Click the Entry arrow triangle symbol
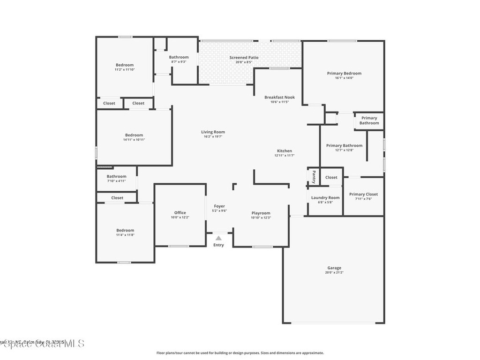[x=218, y=238]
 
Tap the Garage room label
[x=334, y=268]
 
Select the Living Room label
[x=213, y=132]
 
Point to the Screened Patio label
[x=244, y=58]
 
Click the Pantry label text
[x=314, y=177]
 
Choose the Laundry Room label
[x=325, y=198]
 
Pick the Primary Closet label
[x=363, y=194]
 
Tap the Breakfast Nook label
[x=279, y=97]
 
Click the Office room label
[x=180, y=213]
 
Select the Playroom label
[x=261, y=213]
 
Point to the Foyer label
[x=219, y=206]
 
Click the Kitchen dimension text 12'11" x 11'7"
[x=285, y=156]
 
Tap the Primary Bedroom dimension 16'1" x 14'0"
[x=344, y=78]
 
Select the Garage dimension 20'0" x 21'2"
[x=334, y=273]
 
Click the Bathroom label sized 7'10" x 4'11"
[x=116, y=177]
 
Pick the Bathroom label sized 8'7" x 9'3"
[x=179, y=57]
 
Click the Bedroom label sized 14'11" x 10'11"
[x=134, y=135]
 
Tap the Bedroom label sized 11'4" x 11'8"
[x=125, y=230]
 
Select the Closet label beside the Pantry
[x=331, y=177]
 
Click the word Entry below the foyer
[x=218, y=245]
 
